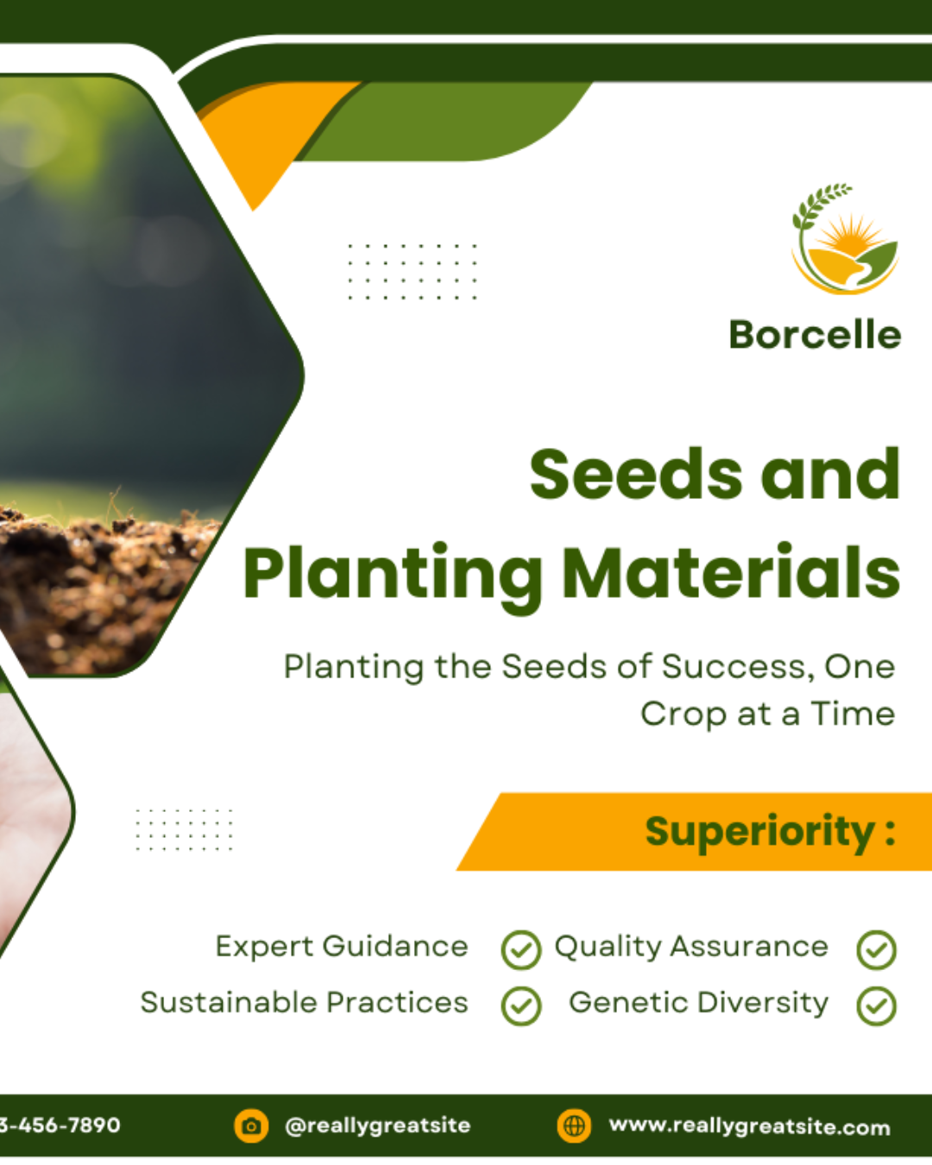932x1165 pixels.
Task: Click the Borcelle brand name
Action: tap(815, 335)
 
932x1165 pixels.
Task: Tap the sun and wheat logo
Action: tap(845, 239)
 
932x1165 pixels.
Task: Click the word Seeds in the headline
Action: tap(636, 475)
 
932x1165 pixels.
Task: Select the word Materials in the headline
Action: tap(731, 573)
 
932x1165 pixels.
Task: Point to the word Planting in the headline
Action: tap(393, 578)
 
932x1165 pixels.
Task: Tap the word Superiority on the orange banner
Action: tap(759, 833)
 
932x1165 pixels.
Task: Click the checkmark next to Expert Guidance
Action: tap(521, 949)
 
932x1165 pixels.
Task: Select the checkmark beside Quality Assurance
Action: tap(877, 949)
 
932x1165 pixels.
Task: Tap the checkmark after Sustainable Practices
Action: tap(521, 1006)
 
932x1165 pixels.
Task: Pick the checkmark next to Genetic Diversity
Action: tap(877, 1006)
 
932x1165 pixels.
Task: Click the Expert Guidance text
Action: tap(342, 948)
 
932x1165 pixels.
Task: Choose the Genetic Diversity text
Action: tap(699, 1004)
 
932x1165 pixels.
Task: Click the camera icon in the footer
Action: tap(251, 1126)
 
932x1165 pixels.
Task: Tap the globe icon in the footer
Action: tap(574, 1126)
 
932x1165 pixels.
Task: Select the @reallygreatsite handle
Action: tap(377, 1126)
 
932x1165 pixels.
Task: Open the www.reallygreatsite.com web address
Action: tap(750, 1126)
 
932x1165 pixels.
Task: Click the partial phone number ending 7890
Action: tap(60, 1125)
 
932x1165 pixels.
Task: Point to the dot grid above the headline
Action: tap(412, 272)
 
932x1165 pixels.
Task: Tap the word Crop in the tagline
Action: tap(683, 715)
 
